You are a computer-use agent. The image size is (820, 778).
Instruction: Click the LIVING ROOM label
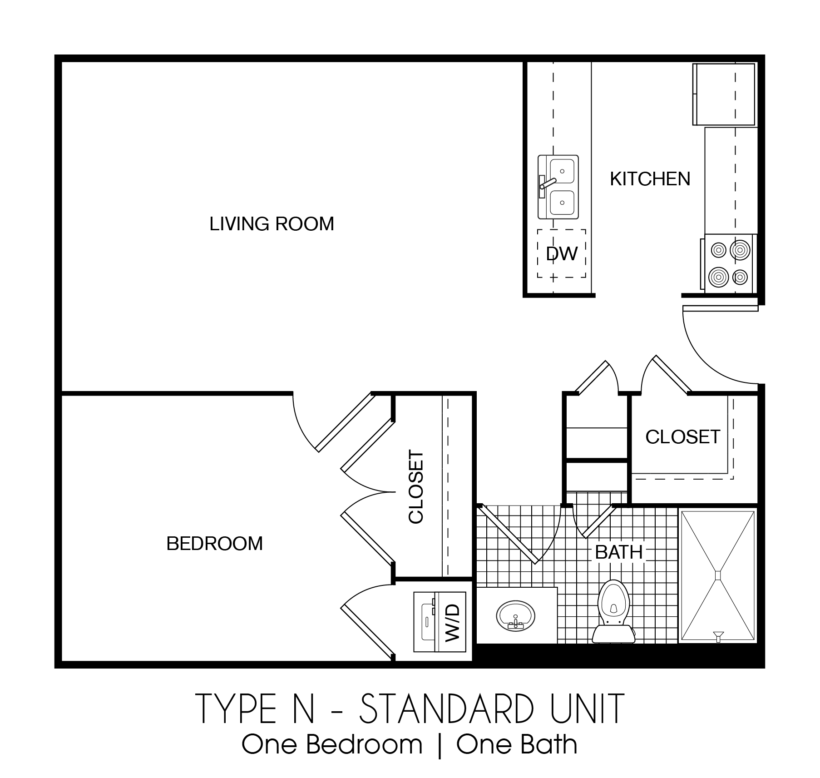pyautogui.click(x=272, y=224)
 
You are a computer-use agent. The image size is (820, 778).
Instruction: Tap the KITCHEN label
pyautogui.click(x=650, y=179)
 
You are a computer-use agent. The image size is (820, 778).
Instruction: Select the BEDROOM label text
pyautogui.click(x=214, y=544)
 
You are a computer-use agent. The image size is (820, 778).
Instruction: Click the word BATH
pyautogui.click(x=619, y=553)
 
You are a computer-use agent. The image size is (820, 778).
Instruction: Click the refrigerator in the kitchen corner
pyautogui.click(x=723, y=94)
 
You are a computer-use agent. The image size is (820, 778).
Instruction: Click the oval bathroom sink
pyautogui.click(x=516, y=616)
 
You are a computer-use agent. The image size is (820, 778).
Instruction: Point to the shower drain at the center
pyautogui.click(x=717, y=575)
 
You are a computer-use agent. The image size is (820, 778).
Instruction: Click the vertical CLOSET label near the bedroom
pyautogui.click(x=416, y=487)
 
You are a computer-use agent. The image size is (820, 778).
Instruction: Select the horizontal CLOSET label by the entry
pyautogui.click(x=682, y=437)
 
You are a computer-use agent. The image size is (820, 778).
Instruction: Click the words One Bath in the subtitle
pyautogui.click(x=517, y=745)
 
